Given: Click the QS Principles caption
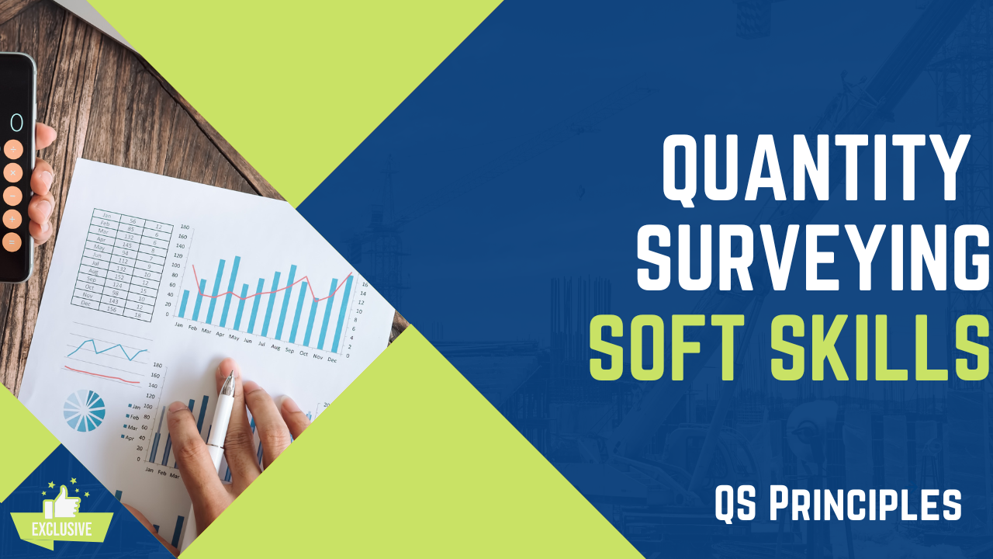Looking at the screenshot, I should click(838, 505).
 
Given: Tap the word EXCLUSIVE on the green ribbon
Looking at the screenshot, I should click(61, 530).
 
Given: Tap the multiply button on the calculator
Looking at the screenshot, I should click(12, 172).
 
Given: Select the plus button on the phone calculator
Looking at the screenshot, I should click(12, 219).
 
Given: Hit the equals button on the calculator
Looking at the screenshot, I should click(12, 242).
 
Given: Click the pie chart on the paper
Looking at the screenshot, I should click(84, 410).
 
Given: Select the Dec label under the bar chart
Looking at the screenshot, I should click(332, 359).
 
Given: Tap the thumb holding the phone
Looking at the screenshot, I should click(44, 136).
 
